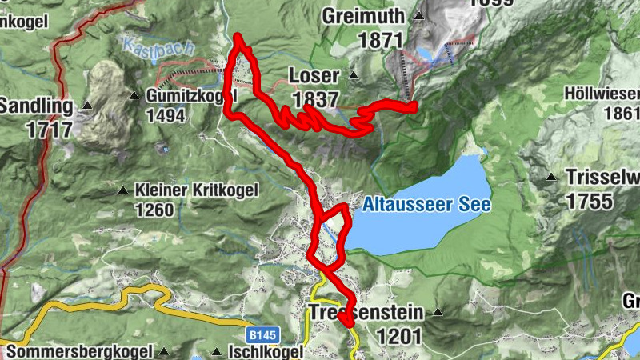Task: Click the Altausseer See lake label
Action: pyautogui.click(x=426, y=205)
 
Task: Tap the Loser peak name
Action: pyautogui.click(x=314, y=78)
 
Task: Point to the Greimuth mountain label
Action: pyautogui.click(x=365, y=15)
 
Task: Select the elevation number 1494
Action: pyautogui.click(x=166, y=116)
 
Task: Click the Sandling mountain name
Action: pyautogui.click(x=35, y=106)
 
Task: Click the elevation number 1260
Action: pyautogui.click(x=154, y=210)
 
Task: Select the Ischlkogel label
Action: pyautogui.click(x=267, y=352)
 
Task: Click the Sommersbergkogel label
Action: pyautogui.click(x=78, y=352)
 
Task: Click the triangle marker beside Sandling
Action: pyautogui.click(x=88, y=106)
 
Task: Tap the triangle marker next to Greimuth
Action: pyautogui.click(x=418, y=15)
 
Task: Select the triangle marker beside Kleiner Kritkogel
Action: pyautogui.click(x=122, y=190)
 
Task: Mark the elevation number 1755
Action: pyautogui.click(x=592, y=200)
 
